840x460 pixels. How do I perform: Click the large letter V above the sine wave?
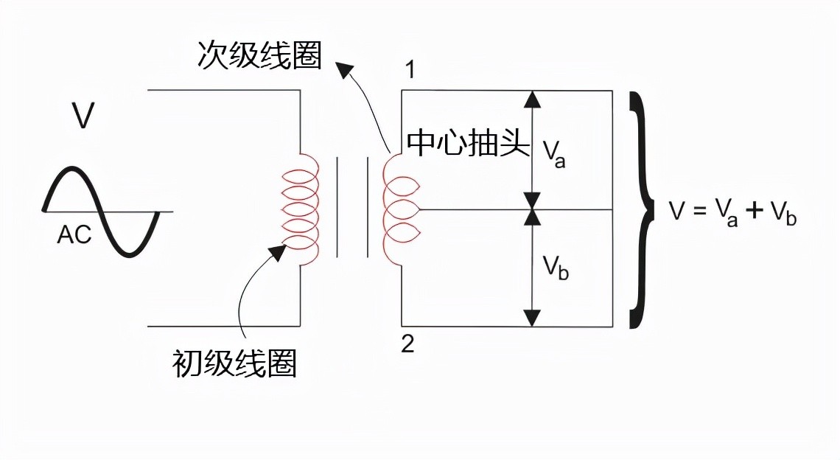(83, 116)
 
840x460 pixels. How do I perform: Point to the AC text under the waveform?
(74, 235)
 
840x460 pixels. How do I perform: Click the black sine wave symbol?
(102, 212)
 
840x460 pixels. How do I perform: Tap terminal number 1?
(410, 71)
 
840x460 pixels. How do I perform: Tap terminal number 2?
(407, 344)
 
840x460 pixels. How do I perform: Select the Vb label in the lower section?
(556, 269)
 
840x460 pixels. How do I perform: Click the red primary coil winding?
(301, 210)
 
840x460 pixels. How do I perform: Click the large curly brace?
(643, 209)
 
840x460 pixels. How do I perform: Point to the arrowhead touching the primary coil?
(278, 252)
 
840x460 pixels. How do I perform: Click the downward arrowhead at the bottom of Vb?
(533, 318)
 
